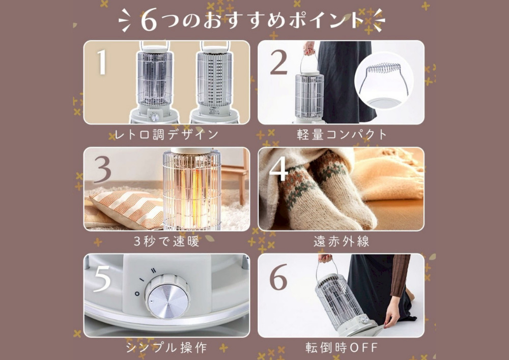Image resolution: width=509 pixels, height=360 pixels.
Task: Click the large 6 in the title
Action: coord(149,21)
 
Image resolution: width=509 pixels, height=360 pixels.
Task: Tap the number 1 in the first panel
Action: coord(102,62)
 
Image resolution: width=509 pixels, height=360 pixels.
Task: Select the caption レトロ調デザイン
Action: coord(166,134)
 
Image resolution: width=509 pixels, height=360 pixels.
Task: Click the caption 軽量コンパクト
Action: coord(342,134)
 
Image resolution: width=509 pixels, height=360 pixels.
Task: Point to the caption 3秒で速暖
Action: coord(166,241)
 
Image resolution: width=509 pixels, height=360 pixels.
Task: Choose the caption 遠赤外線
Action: coord(342,241)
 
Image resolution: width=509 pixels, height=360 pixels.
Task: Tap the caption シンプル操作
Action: coord(166,348)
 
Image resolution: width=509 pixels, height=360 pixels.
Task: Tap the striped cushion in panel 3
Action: coord(128,209)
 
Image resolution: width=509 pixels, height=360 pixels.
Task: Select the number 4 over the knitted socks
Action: coord(279,169)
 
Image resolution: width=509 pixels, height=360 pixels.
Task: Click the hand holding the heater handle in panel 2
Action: coord(309,48)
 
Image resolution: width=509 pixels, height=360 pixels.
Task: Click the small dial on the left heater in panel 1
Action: coord(155,117)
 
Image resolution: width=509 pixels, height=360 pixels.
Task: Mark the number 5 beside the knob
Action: coord(102,278)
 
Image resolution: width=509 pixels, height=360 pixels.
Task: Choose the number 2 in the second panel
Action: coord(279,62)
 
